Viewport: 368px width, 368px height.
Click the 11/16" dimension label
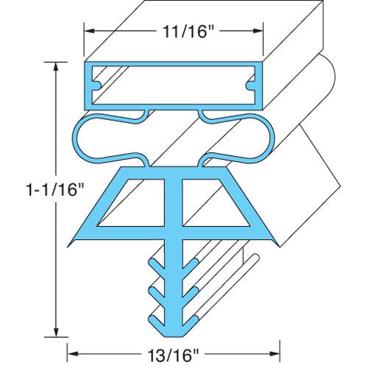point(174,32)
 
